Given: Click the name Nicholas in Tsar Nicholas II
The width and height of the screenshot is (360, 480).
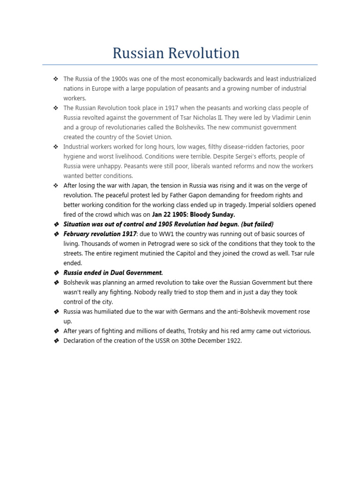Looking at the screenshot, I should tap(242, 118).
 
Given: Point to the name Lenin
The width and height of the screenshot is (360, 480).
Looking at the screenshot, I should tap(302, 118).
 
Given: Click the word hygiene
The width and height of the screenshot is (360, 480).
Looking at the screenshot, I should tap(75, 157).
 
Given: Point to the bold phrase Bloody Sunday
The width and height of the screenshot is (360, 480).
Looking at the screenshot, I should tap(212, 215).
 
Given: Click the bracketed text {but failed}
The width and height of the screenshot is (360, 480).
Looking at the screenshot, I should tap(256, 225).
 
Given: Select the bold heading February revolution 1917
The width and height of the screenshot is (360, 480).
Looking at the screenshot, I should tap(100, 234).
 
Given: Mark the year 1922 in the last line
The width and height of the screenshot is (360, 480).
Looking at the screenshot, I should tap(233, 341).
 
